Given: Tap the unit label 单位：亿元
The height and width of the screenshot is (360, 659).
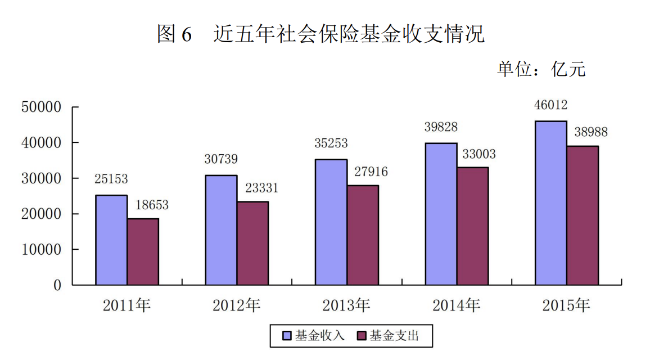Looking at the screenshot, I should (541, 69).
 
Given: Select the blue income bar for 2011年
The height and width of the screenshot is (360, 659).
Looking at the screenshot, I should (111, 240).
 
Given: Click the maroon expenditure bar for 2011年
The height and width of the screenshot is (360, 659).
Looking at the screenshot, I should (143, 251).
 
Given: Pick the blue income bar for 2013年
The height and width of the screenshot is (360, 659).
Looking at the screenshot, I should (331, 222).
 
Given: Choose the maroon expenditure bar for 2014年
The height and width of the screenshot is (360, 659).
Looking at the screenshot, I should (472, 226).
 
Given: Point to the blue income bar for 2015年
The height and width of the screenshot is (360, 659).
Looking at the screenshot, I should (551, 203).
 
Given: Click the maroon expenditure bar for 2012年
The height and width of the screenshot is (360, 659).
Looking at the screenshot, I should (252, 243).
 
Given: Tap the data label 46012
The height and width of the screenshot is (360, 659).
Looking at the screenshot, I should (550, 105).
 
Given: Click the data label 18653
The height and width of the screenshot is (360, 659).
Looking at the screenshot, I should (151, 206).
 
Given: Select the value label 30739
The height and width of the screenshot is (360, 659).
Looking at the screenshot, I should (221, 160).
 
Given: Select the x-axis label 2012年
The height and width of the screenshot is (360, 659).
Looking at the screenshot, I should (237, 306).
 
